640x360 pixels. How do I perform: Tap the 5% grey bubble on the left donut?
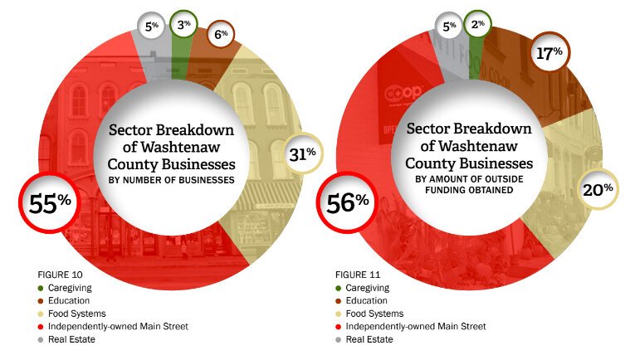(x=150, y=25)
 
